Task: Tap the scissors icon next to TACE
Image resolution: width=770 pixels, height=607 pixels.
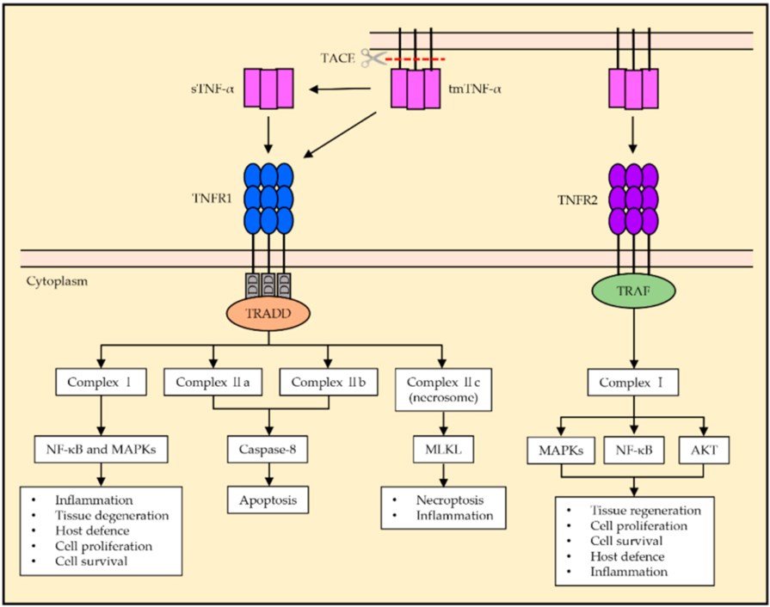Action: click(x=372, y=58)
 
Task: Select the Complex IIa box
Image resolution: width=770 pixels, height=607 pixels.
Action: click(x=206, y=381)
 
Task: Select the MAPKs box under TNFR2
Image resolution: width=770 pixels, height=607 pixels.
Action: click(x=561, y=450)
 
